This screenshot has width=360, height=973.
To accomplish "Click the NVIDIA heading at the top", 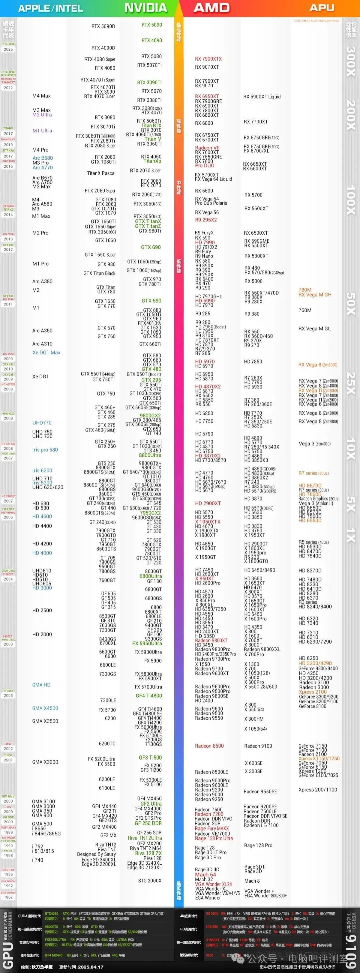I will coord(145,8).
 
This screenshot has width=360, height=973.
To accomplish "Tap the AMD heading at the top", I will coord(212,8).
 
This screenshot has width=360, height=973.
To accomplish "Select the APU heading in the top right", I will coord(322,8).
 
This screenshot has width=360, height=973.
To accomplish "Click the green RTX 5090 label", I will coord(151,25).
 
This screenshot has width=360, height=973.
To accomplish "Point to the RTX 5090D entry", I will coord(103,26).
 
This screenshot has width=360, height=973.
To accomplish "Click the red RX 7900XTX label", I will coord(208,59).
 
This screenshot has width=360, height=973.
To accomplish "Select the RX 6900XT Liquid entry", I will coord(262,97).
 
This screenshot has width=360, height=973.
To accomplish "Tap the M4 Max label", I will coord(41,96).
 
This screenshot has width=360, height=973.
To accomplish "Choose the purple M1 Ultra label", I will coord(42,131).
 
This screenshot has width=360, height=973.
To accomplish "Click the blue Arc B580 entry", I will coord(42,158).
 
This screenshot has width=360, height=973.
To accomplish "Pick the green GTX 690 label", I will coord(151,247).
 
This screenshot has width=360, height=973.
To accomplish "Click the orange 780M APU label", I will coord(305,290).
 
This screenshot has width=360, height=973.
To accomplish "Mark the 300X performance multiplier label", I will coord(351,61).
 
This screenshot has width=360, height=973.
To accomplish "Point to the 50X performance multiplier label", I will coord(351,304).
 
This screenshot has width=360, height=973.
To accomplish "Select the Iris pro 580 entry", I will coord(45,450).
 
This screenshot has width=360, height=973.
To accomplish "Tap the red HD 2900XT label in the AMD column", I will coord(208,504).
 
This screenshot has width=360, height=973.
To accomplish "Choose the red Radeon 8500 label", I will coord(209,746).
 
